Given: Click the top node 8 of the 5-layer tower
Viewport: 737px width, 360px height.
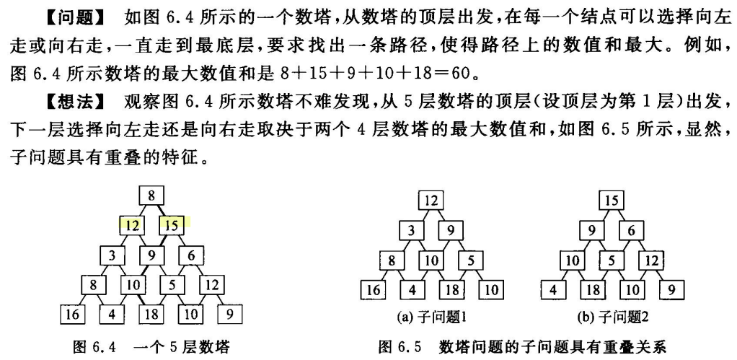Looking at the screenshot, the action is [x=151, y=196].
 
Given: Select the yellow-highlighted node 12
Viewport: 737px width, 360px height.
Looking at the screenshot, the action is [x=132, y=225].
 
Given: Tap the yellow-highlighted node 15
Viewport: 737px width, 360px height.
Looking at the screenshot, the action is [x=171, y=225].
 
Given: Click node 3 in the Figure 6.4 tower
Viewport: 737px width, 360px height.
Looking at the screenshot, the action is [x=112, y=255].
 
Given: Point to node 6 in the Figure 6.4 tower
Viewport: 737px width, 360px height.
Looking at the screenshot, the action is [x=191, y=255].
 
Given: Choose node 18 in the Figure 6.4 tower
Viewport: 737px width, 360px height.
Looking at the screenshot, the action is [x=151, y=314].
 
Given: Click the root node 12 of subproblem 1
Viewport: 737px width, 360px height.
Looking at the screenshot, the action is [x=431, y=200].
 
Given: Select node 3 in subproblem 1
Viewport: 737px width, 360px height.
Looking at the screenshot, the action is [x=411, y=230].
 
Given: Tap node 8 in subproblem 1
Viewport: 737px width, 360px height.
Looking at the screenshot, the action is [x=392, y=260].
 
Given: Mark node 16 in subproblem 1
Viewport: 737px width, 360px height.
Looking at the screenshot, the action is [x=372, y=290].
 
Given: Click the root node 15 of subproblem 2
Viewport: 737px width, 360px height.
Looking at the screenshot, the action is [x=612, y=200].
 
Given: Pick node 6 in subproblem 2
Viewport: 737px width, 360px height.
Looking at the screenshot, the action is [x=631, y=230].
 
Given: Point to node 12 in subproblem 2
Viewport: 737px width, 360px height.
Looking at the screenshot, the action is [x=651, y=260].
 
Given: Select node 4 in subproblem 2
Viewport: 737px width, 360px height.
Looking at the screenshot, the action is [x=553, y=290].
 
